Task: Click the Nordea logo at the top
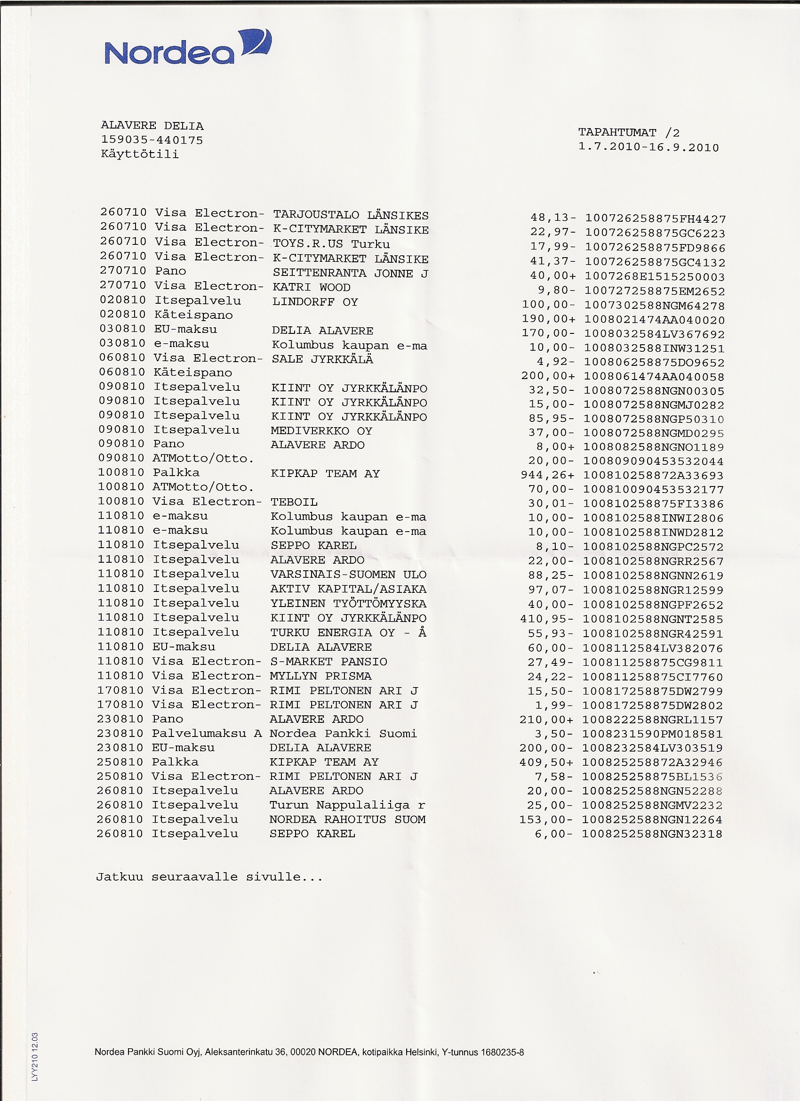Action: pos(187,49)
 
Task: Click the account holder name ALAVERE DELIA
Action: pos(152,126)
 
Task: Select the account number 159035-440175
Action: pos(152,140)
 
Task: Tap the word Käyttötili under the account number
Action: pos(140,155)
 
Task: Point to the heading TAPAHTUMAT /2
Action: pos(629,133)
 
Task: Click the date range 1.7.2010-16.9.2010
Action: pos(648,147)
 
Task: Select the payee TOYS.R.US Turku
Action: pos(331,244)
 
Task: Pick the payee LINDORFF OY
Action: pos(315,302)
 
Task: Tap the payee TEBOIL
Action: pos(294,502)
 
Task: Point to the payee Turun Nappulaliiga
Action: pos(340,805)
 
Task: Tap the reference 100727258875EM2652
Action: pos(655,292)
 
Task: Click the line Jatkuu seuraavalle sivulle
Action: pos(209,877)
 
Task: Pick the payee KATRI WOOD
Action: pos(312,287)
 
